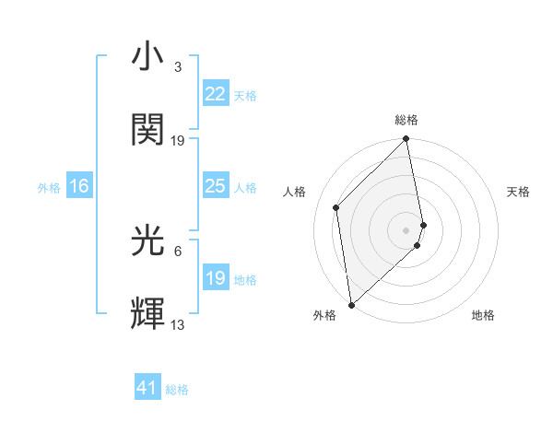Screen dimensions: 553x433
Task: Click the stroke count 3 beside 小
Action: click(x=177, y=67)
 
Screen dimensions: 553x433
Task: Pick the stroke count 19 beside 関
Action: click(x=178, y=140)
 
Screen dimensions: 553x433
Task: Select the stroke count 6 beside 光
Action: click(x=177, y=251)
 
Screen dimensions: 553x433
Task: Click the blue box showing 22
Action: click(x=215, y=94)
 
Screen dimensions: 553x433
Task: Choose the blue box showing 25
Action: click(x=215, y=187)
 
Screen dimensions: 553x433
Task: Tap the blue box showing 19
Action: click(x=215, y=278)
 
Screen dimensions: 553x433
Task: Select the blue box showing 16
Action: click(x=79, y=187)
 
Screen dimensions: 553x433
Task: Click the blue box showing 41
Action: click(x=147, y=389)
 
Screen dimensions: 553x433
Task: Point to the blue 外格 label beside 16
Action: click(x=49, y=188)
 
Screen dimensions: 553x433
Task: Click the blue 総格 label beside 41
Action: click(x=177, y=390)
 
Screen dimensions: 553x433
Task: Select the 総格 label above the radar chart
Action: click(x=406, y=120)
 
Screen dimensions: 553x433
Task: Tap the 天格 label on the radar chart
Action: click(x=518, y=192)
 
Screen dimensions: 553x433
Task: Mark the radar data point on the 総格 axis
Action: click(x=406, y=140)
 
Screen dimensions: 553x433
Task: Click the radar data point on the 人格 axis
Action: click(x=336, y=207)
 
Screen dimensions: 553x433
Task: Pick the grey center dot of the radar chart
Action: click(x=406, y=229)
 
